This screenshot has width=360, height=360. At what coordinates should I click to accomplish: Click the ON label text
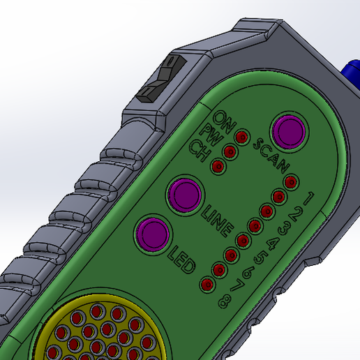click(224, 120)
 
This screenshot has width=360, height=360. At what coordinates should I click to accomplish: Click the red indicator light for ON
click(241, 137)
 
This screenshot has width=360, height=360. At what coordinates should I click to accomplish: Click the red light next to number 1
click(291, 183)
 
